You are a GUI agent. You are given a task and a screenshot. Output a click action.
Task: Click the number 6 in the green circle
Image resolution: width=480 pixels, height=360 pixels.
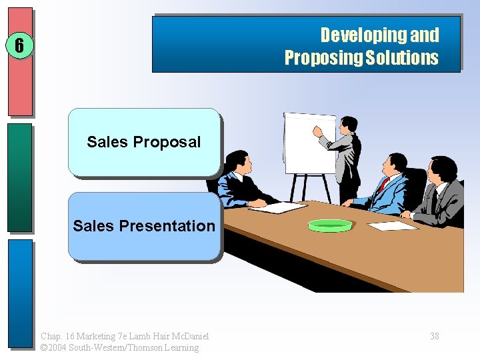point(19,45)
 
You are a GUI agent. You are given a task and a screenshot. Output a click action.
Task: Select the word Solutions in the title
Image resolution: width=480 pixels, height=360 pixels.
point(402,58)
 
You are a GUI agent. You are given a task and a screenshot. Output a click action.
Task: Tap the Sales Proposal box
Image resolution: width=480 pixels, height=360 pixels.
point(144,142)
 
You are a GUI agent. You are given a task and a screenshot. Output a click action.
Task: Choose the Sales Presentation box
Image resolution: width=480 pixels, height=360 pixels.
point(144,226)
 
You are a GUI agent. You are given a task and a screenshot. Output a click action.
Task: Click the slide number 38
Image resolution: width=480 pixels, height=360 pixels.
point(434,336)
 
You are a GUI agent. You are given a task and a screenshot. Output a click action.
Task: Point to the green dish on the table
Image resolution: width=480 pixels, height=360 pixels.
point(329,225)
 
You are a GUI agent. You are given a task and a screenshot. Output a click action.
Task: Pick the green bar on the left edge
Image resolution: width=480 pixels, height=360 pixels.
point(19,177)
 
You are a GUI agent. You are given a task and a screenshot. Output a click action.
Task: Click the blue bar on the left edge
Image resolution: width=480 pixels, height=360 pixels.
point(19,293)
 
